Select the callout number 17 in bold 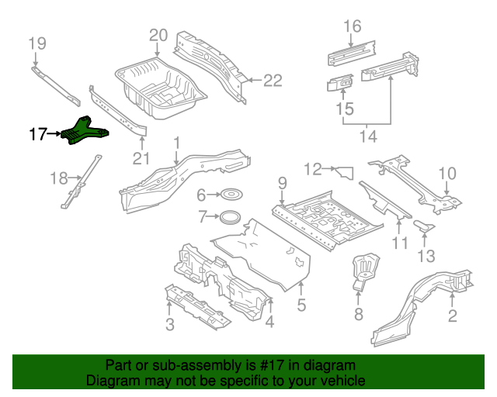(38, 134)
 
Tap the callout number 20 (158, 35)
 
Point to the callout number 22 (273, 79)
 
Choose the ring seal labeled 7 (229, 216)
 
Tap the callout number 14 (367, 137)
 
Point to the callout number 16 (352, 26)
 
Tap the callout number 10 (448, 172)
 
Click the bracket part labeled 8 (363, 270)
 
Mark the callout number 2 (452, 315)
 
